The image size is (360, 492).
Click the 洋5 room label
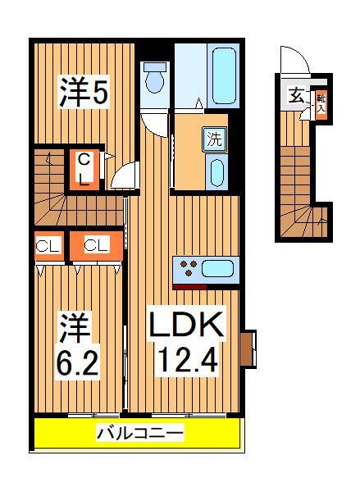pyautogui.click(x=83, y=93)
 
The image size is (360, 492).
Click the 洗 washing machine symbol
pyautogui.click(x=213, y=138)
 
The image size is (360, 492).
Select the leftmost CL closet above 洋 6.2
pyautogui.click(x=48, y=246)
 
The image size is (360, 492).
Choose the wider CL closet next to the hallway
pyautogui.click(x=95, y=246)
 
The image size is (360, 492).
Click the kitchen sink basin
pyautogui.click(x=218, y=267)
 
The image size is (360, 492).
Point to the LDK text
pyautogui.click(x=185, y=326)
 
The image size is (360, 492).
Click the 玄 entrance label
pyautogui.click(x=294, y=94)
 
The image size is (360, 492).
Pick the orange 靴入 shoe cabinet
pyautogui.click(x=321, y=102)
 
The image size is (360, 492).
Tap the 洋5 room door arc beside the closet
pyautogui.click(x=124, y=175)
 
